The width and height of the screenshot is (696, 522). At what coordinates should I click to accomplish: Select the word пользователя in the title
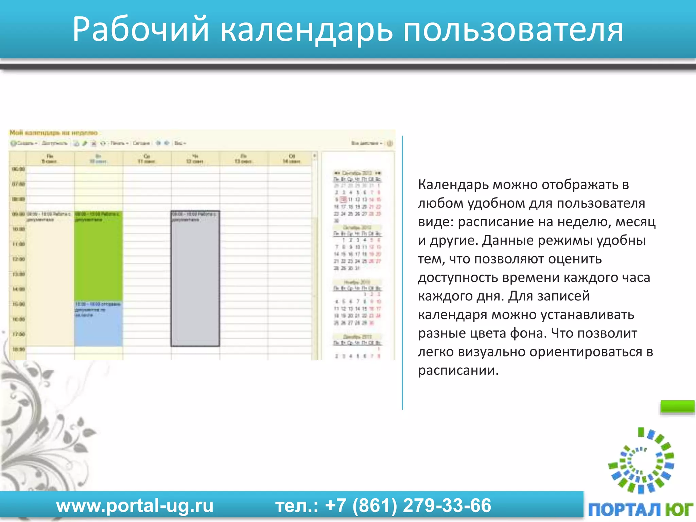coord(513,30)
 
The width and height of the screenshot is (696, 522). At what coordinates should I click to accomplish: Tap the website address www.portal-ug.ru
coord(135,505)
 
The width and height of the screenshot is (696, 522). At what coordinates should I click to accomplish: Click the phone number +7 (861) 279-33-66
coord(408,505)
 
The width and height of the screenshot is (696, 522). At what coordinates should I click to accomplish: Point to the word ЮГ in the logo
coord(678,509)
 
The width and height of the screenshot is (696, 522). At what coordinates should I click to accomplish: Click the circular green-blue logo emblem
coord(641,460)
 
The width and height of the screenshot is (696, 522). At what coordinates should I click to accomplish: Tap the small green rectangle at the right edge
coord(677,406)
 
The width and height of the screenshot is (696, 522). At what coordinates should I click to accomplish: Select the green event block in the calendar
coord(99,258)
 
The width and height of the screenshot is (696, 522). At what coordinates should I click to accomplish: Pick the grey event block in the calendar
coord(195,282)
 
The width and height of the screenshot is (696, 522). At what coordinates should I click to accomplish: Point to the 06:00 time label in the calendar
coord(18,169)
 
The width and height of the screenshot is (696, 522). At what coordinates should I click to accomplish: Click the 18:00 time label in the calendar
coord(18,349)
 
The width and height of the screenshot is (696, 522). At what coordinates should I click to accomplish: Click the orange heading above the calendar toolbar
coord(54,133)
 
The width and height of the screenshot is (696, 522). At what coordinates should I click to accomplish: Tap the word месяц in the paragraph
coord(635,222)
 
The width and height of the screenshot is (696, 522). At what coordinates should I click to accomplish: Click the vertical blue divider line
coord(402,272)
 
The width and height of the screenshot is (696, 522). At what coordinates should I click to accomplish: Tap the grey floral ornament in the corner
coord(41,425)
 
